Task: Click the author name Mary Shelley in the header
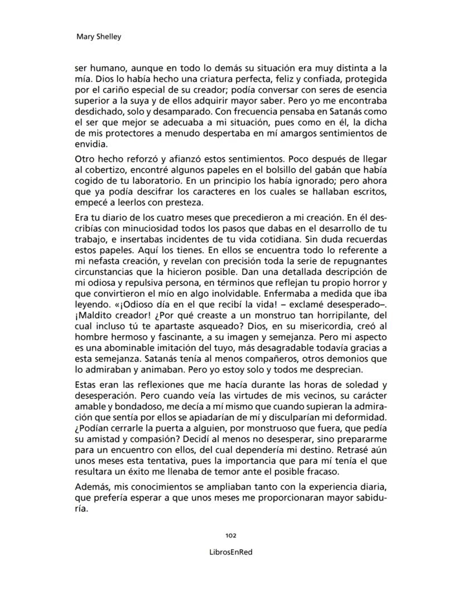[x=98, y=37]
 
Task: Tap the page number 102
[x=230, y=535]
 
